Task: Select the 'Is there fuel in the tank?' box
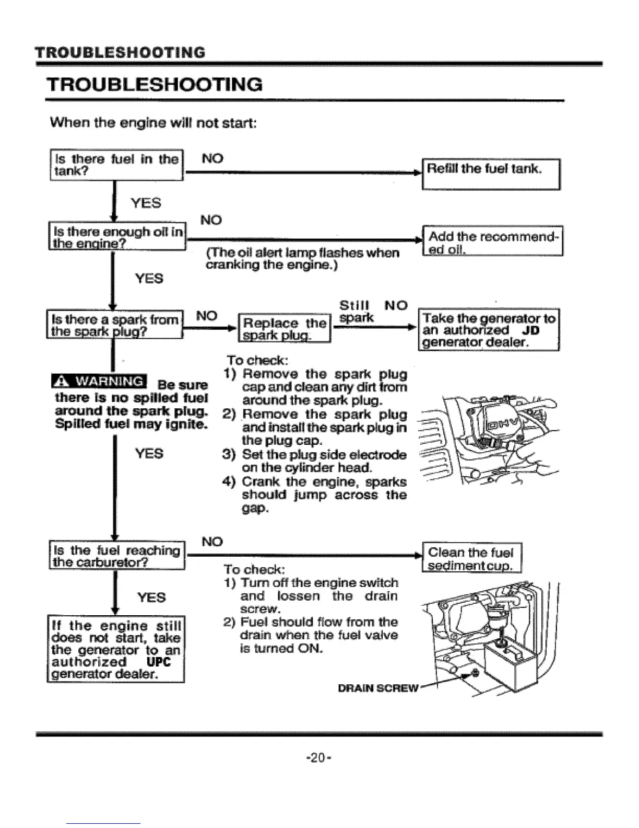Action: (x=115, y=165)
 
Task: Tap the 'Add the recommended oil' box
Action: (x=492, y=242)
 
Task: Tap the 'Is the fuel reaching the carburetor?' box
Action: (x=116, y=555)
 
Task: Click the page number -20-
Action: (x=319, y=756)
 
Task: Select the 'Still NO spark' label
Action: (x=372, y=311)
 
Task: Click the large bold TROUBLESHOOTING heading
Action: (x=155, y=84)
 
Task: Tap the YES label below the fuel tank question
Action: (x=146, y=203)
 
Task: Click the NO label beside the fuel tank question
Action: (x=212, y=158)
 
